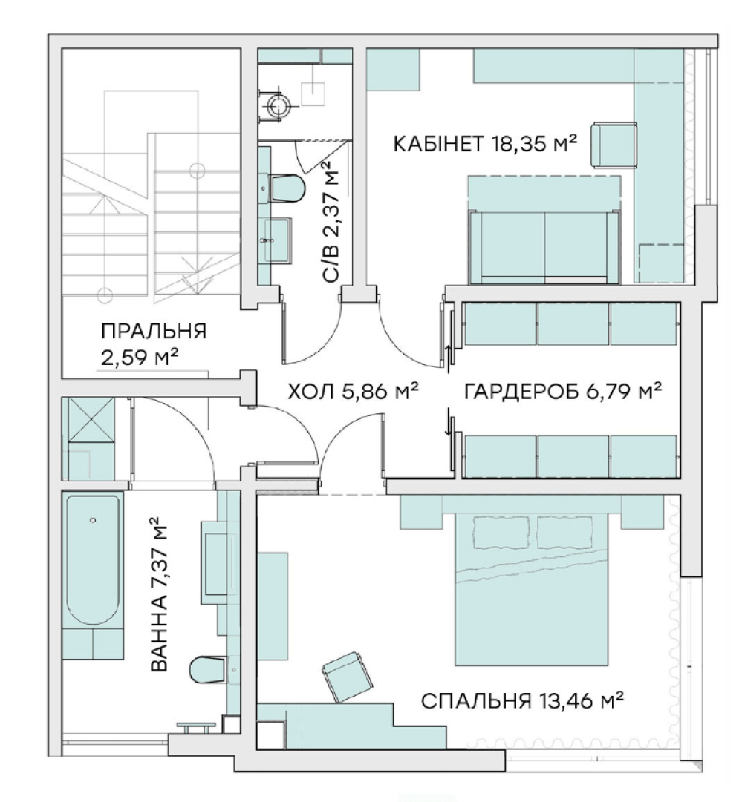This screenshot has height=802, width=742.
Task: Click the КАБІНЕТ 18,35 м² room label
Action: pyautogui.click(x=485, y=144)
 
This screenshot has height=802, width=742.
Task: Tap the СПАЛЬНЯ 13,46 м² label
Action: pyautogui.click(x=522, y=700)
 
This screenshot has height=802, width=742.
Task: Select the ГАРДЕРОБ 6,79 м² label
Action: pyautogui.click(x=563, y=392)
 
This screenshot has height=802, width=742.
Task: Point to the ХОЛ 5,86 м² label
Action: pyautogui.click(x=354, y=392)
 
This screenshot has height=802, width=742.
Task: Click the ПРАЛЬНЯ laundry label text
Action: pyautogui.click(x=154, y=332)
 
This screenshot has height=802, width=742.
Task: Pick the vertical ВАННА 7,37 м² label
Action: pyautogui.click(x=159, y=594)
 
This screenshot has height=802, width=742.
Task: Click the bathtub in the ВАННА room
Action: pyautogui.click(x=93, y=559)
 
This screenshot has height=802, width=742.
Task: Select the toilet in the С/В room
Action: pyautogui.click(x=287, y=188)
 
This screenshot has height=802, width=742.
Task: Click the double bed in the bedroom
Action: pyautogui.click(x=532, y=589)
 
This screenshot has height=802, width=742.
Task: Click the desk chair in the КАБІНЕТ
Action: pyautogui.click(x=614, y=144)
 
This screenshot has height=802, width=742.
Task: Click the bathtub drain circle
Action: pyautogui.click(x=93, y=519)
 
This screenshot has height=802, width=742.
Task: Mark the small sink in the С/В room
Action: pyautogui.click(x=277, y=239)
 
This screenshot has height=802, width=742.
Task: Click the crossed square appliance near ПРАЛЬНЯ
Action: pyautogui.click(x=91, y=419)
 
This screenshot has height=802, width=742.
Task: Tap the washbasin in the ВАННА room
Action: pyautogui.click(x=220, y=563)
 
